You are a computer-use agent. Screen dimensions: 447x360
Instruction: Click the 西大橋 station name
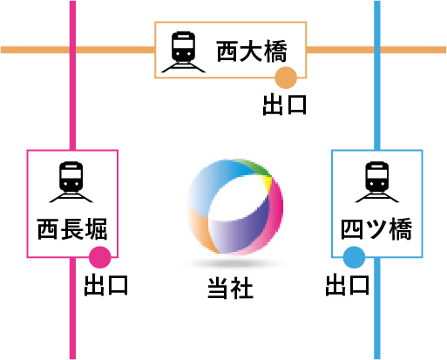(x=252, y=51)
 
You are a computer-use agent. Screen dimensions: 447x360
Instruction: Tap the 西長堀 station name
(x=72, y=229)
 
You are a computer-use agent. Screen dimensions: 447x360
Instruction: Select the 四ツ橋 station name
(x=376, y=229)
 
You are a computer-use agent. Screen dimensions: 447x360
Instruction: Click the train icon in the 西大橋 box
(x=183, y=51)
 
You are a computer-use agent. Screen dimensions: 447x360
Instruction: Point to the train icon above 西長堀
(x=71, y=182)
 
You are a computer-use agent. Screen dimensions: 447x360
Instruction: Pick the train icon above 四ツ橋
(x=377, y=182)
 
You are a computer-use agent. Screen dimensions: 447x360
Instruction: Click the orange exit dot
(x=286, y=78)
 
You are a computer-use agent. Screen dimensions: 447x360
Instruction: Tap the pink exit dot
(x=100, y=257)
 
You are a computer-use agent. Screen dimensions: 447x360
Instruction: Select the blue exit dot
(x=354, y=257)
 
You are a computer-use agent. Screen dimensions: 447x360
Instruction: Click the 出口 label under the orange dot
(x=285, y=105)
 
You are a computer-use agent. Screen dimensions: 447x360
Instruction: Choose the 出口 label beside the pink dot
(x=106, y=285)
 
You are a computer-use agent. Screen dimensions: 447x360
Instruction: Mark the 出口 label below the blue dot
(x=348, y=285)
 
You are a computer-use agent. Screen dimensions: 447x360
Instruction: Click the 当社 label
(x=230, y=288)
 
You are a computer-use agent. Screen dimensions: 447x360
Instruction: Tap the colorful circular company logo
(x=235, y=207)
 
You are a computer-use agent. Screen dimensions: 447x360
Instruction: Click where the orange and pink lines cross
(x=72, y=50)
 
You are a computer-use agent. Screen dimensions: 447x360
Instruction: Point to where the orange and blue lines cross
(x=377, y=50)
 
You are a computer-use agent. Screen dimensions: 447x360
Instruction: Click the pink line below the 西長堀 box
(x=72, y=309)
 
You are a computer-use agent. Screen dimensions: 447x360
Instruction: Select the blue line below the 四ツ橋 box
(x=377, y=309)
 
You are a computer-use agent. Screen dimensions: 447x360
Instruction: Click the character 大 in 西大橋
(x=252, y=51)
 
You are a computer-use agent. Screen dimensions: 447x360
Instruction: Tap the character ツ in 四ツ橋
(x=376, y=229)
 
